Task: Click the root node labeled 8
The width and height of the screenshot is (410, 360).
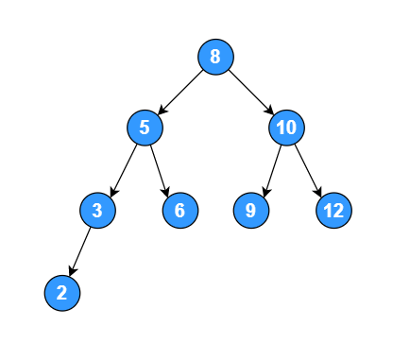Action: point(215,56)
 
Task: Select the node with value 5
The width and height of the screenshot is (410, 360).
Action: point(145,127)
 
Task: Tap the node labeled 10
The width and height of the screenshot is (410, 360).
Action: point(286,127)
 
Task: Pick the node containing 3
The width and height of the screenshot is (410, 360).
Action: point(97,210)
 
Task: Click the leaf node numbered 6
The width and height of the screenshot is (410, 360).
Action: point(179,210)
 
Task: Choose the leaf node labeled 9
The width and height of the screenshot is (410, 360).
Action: point(250,210)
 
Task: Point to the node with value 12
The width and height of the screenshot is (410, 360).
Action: point(333,210)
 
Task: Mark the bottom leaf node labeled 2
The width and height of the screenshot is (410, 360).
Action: point(61,293)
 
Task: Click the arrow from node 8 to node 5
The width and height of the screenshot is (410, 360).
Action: point(180,91)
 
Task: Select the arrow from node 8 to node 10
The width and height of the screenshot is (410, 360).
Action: point(250,91)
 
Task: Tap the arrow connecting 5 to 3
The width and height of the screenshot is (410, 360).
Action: point(121,168)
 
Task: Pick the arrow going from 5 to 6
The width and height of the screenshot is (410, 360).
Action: point(162,168)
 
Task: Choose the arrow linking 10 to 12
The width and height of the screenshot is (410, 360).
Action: point(309,168)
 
